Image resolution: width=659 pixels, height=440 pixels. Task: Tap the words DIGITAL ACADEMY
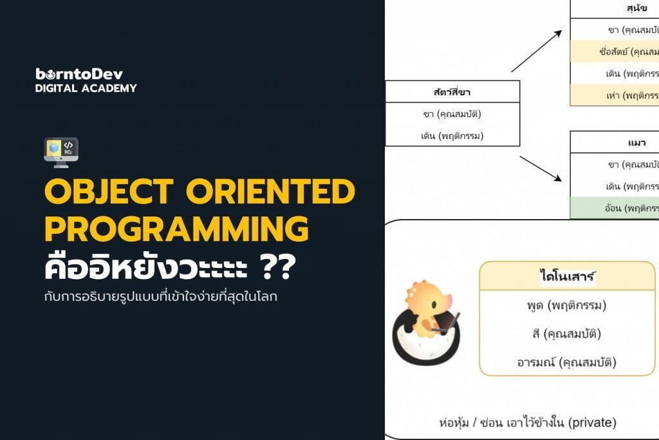click(86, 88)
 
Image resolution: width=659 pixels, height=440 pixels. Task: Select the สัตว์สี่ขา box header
click(452, 92)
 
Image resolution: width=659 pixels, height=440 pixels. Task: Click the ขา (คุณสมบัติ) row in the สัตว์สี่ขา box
click(452, 114)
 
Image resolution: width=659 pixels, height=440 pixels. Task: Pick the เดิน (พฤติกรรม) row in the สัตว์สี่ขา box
click(452, 135)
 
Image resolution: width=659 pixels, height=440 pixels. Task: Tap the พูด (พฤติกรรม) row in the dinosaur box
click(567, 305)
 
